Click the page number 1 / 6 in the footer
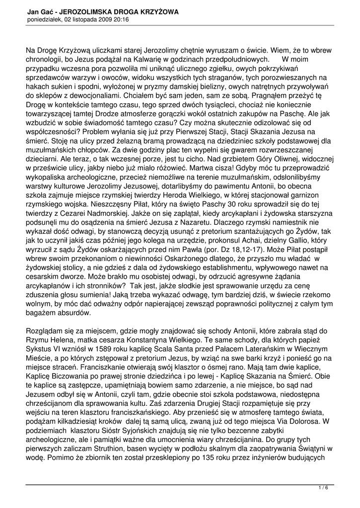click(323, 488)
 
